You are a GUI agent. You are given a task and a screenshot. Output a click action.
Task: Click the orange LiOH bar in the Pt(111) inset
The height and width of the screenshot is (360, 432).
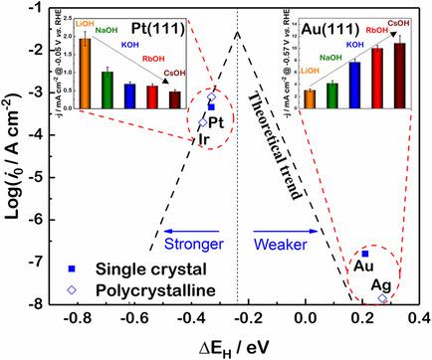pos(85,70)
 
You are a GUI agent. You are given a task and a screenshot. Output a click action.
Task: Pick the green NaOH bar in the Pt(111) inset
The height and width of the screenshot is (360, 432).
pos(108,87)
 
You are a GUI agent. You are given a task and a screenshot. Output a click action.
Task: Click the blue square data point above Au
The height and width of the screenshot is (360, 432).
pos(366,254)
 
